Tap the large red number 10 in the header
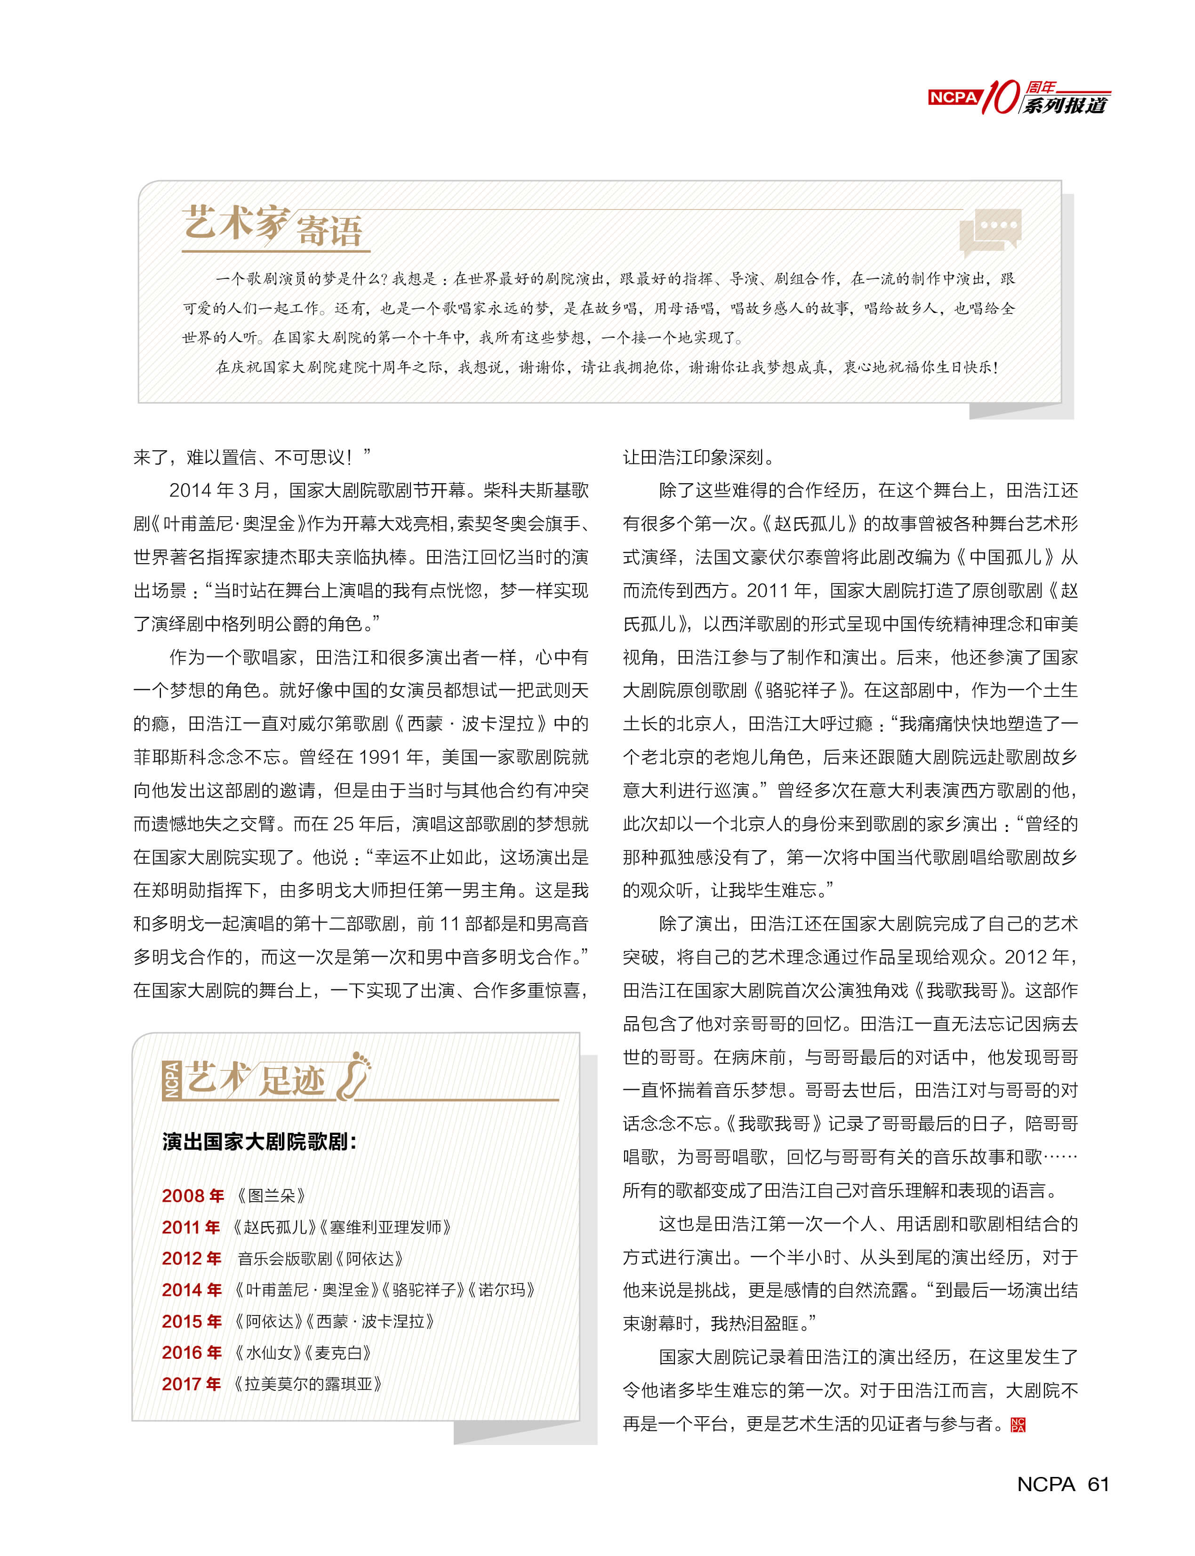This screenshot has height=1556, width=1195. point(1002,97)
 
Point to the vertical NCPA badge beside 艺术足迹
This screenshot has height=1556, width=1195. point(171,1080)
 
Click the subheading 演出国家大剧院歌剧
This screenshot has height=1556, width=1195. point(259,1142)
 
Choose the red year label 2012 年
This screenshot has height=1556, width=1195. point(192,1258)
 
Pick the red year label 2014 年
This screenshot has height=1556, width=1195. point(192,1289)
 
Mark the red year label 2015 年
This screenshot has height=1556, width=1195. point(192,1321)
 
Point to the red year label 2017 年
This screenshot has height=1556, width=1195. point(192,1384)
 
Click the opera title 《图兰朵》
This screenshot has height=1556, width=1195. point(272,1196)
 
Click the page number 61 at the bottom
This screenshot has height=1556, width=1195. point(1098,1484)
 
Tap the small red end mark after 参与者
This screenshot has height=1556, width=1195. point(1018,1424)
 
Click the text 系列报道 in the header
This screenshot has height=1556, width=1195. point(1065,106)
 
